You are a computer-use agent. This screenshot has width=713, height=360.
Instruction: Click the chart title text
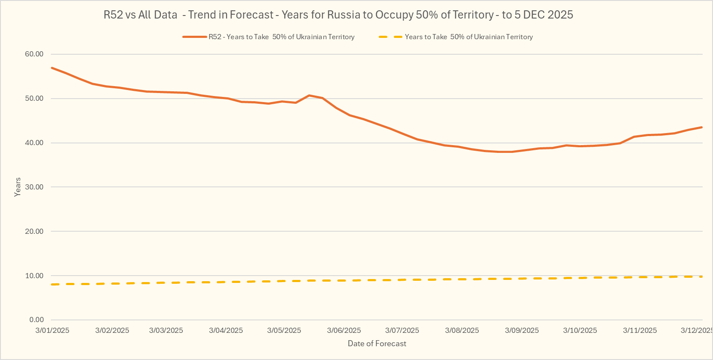[338, 15]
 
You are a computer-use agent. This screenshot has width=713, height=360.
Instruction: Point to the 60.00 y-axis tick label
[34, 54]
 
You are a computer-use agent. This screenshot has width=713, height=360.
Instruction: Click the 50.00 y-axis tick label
[34, 98]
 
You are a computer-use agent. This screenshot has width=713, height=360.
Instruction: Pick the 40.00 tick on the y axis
[34, 143]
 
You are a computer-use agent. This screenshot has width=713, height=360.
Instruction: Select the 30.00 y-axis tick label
[34, 187]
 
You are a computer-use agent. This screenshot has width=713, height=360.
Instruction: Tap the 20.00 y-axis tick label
[34, 231]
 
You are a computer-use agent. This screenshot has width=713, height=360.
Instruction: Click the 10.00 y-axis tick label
[34, 276]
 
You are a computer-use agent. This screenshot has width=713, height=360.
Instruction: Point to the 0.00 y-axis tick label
[37, 320]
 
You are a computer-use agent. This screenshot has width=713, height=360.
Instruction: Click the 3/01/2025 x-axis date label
[52, 330]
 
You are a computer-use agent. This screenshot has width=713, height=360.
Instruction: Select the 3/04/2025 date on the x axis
[226, 330]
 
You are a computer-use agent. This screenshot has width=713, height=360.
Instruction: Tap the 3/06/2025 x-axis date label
[344, 330]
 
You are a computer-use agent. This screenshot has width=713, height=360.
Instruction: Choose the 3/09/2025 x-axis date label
[522, 330]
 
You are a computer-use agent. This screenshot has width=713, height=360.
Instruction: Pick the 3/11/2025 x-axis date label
[640, 330]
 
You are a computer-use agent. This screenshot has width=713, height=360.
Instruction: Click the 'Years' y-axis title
[18, 187]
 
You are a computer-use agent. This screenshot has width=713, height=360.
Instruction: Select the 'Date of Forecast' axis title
[377, 344]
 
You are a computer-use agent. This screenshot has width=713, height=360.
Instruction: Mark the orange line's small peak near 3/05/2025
[309, 95]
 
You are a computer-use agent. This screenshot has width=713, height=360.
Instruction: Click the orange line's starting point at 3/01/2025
[52, 68]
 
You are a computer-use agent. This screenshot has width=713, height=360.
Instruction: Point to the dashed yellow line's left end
[52, 284]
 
